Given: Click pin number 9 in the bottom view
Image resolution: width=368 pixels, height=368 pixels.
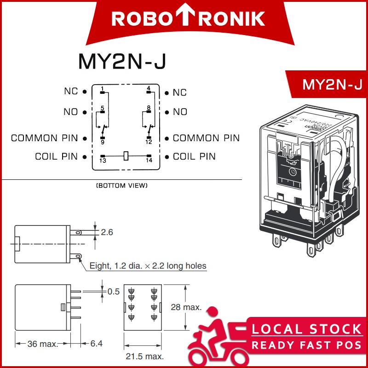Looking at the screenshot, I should pos(102,138).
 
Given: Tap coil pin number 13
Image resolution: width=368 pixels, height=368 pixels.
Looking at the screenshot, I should pos(102,158).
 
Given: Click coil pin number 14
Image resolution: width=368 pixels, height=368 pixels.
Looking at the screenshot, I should pos(149,158).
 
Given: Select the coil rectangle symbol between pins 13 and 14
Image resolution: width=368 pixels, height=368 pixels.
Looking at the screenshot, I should pos(126,156).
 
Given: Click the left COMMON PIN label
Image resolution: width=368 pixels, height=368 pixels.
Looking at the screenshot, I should pos(45,138).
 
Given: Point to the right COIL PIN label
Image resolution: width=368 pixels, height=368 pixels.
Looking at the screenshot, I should pos(194,156).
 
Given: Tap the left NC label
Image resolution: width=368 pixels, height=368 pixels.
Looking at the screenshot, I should pos(71,91).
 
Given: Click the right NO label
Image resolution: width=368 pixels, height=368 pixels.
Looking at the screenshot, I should pos(180,112).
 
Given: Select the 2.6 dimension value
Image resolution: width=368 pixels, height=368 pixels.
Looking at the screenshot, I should pos(107,232).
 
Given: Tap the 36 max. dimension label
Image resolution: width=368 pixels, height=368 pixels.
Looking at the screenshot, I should pos(42,344).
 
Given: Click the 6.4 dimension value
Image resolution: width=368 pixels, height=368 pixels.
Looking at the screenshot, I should pos(97,344).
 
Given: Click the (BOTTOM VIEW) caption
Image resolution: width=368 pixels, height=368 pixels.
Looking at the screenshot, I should pos(121,186).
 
